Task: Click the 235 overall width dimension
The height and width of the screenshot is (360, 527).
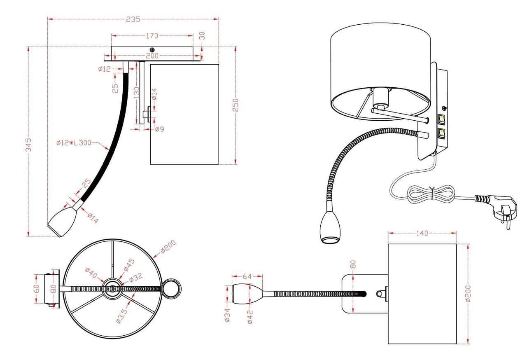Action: coord(133,19)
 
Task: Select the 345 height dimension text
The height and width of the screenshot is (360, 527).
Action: coord(28,145)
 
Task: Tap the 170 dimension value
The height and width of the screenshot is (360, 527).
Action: coord(152,36)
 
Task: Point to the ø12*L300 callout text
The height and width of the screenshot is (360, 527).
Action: coord(74,143)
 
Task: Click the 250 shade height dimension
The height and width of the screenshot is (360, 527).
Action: coord(235,105)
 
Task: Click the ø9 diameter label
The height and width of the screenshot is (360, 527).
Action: coord(159,129)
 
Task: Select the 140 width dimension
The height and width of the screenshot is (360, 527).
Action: coord(422,233)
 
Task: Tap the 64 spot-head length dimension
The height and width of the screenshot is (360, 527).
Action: coord(247,276)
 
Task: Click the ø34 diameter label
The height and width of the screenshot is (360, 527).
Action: coord(227,315)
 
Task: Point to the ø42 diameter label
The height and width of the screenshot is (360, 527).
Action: coord(250,317)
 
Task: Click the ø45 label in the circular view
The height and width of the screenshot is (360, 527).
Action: coord(129,265)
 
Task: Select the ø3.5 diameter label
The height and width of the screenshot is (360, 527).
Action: coord(122,316)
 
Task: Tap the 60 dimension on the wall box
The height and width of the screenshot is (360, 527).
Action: coord(37,289)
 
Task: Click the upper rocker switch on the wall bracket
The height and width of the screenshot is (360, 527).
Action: coord(441,119)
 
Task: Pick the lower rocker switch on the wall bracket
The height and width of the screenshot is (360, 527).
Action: coord(441,133)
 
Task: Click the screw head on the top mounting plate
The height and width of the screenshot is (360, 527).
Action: coord(152,50)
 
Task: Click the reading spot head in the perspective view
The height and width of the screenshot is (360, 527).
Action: coord(330,227)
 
